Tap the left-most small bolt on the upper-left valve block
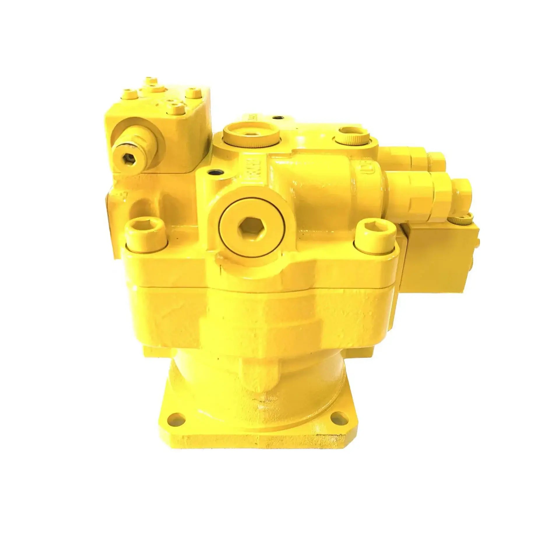point(131,94)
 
